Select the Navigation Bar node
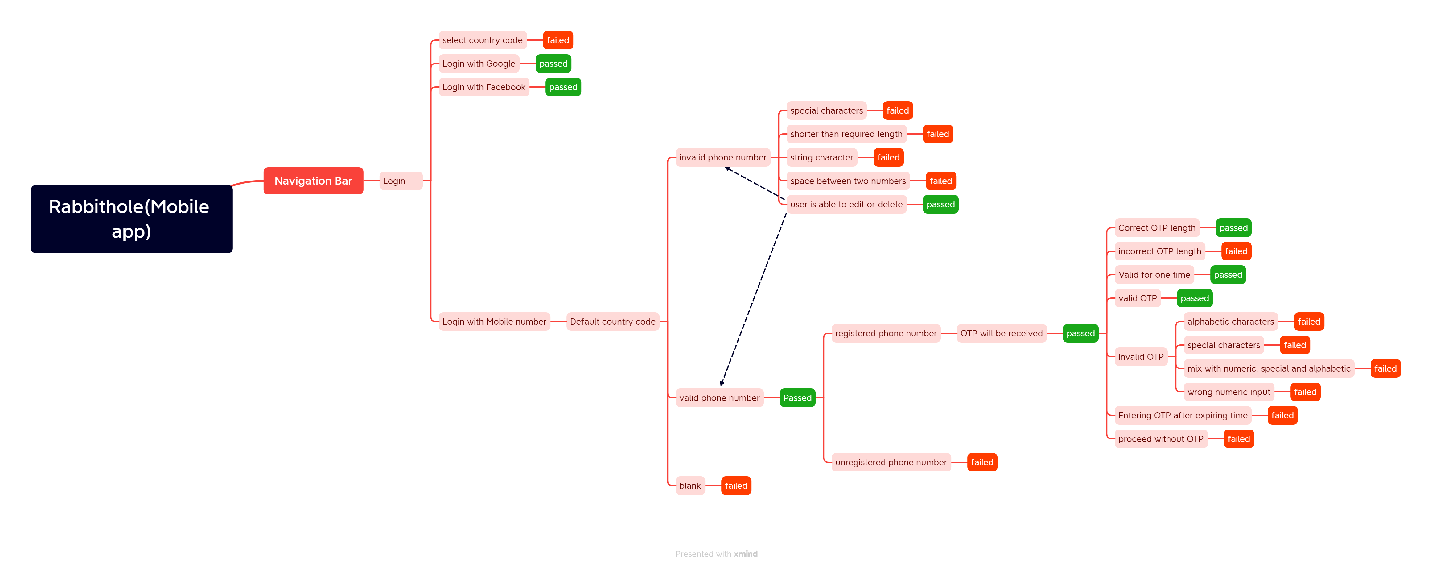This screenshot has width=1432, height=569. pos(313,181)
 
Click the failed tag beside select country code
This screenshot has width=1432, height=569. pos(558,40)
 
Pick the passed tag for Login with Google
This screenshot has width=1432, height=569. pos(553,63)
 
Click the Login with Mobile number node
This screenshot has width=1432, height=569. pos(494,322)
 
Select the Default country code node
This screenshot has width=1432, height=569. pos(613,322)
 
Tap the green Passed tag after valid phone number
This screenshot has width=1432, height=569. pos(797,398)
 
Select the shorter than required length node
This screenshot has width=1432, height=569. pos(846,134)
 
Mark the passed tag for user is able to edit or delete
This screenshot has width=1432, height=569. pos(940,204)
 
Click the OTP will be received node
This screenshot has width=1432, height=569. pos(1001,333)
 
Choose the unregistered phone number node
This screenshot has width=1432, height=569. pos(891,462)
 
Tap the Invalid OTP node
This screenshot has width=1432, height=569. pos(1141,356)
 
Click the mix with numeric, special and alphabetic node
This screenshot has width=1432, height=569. pos(1269,368)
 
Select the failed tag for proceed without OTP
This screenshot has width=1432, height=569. pos(1239,439)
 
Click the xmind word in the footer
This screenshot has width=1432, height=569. pos(746,554)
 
